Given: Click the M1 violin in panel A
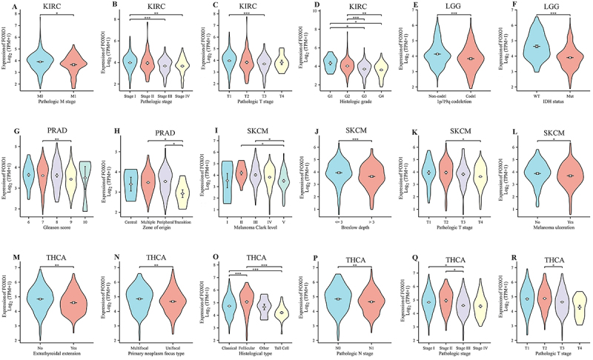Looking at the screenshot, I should point(73,65).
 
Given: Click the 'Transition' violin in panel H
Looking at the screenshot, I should point(183,193).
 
